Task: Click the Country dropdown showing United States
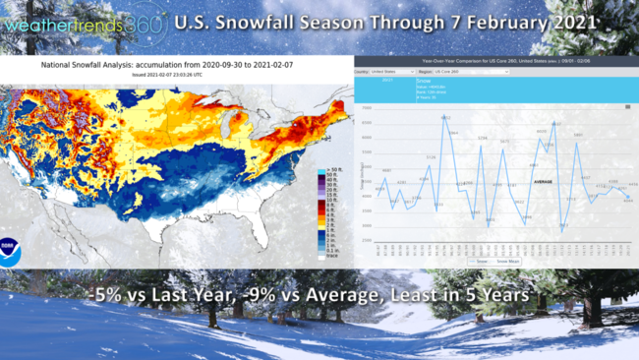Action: click(392, 72)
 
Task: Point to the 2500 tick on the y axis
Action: click(365, 241)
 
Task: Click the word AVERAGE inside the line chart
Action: click(542, 181)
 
